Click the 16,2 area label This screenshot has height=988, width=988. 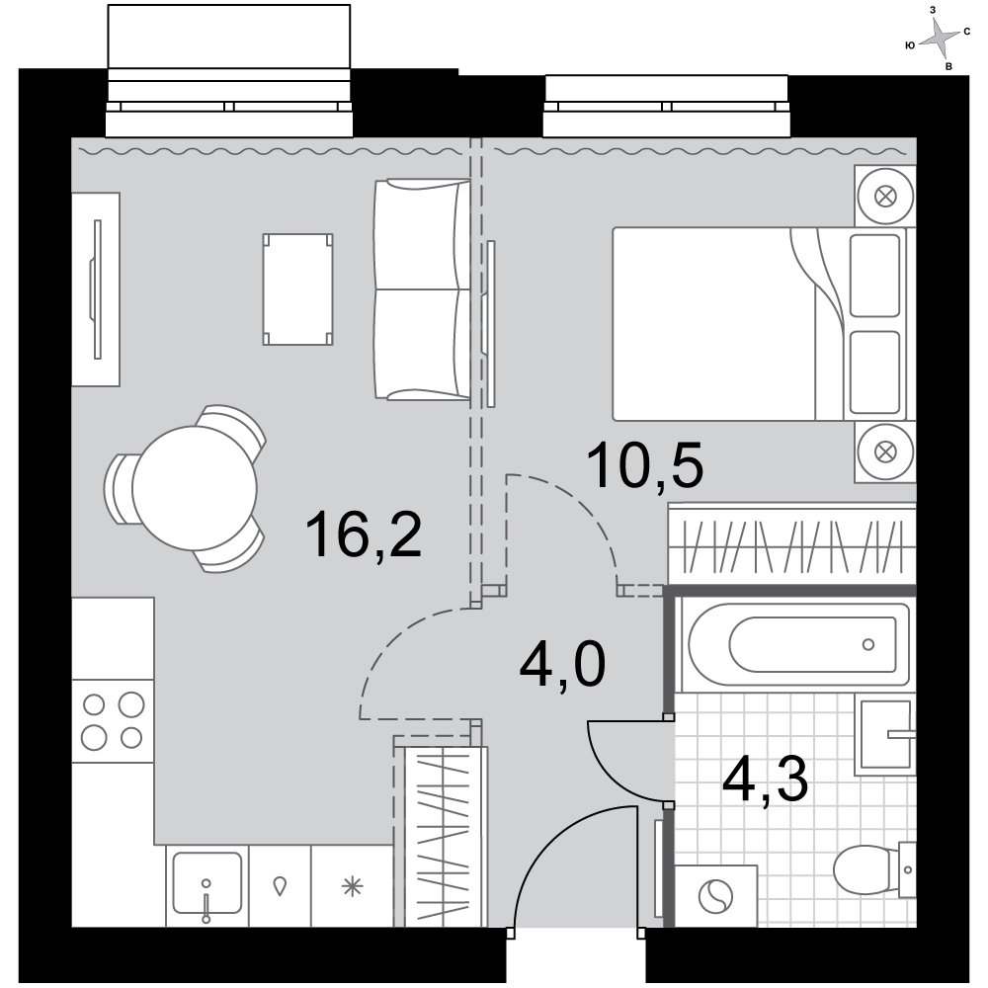(x=363, y=535)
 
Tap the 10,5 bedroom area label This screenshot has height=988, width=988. (x=644, y=465)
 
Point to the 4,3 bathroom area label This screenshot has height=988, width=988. (x=765, y=781)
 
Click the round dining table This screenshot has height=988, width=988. (x=195, y=488)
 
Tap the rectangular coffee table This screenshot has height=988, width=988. (x=297, y=289)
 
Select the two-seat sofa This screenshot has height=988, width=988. (x=422, y=289)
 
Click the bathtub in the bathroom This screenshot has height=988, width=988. (x=796, y=644)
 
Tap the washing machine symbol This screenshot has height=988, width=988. (x=715, y=896)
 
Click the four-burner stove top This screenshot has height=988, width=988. (x=113, y=721)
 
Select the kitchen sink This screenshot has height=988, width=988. (x=206, y=883)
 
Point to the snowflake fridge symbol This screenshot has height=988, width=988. (x=353, y=886)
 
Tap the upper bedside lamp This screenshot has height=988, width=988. (x=885, y=196)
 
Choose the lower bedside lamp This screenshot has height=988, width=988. (x=885, y=452)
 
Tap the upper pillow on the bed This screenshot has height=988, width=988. (x=874, y=276)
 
